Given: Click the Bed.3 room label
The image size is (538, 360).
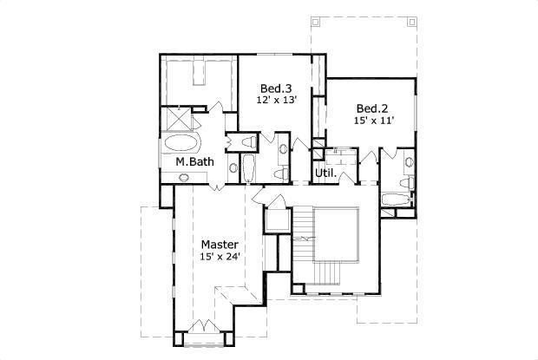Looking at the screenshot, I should (x=277, y=88).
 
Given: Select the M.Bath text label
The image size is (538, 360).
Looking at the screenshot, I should (x=194, y=162).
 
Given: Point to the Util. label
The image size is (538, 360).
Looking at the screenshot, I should (x=325, y=173).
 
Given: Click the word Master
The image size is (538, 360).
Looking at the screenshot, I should (x=220, y=245).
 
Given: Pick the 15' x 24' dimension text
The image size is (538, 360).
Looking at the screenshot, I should (x=220, y=257).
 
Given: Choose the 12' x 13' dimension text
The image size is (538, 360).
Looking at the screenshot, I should (x=277, y=100).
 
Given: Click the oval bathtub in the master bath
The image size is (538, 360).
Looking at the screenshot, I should (x=181, y=143).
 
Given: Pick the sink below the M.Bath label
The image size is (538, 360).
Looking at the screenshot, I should (x=185, y=177).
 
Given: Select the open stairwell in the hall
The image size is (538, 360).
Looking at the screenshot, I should (x=336, y=237).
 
